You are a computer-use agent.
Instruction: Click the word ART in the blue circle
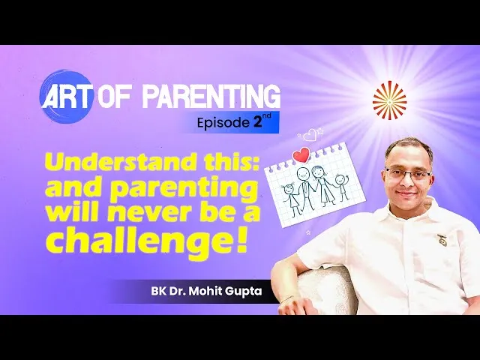[67, 97]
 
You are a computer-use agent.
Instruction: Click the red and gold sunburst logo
[389, 100]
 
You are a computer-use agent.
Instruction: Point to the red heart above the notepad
[301, 155]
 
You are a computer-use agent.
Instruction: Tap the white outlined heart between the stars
[309, 135]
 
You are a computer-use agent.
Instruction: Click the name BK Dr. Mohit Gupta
[206, 291]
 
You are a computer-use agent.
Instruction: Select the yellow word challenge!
[146, 239]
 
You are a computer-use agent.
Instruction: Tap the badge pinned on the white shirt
[442, 238]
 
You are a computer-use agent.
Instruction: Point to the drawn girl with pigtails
[291, 199]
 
